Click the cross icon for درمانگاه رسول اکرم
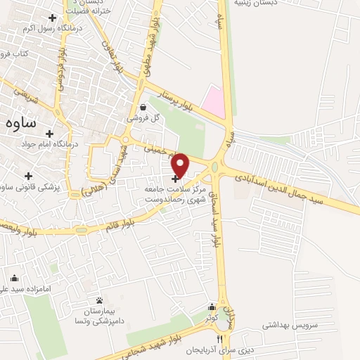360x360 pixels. [x=51, y=17]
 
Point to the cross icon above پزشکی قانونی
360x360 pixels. [x=28, y=176]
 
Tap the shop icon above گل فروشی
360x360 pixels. [x=143, y=108]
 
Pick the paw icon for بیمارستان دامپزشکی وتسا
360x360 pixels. [x=99, y=300]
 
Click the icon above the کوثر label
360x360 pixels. [x=212, y=307]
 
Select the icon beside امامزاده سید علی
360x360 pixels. [x=15, y=278]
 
